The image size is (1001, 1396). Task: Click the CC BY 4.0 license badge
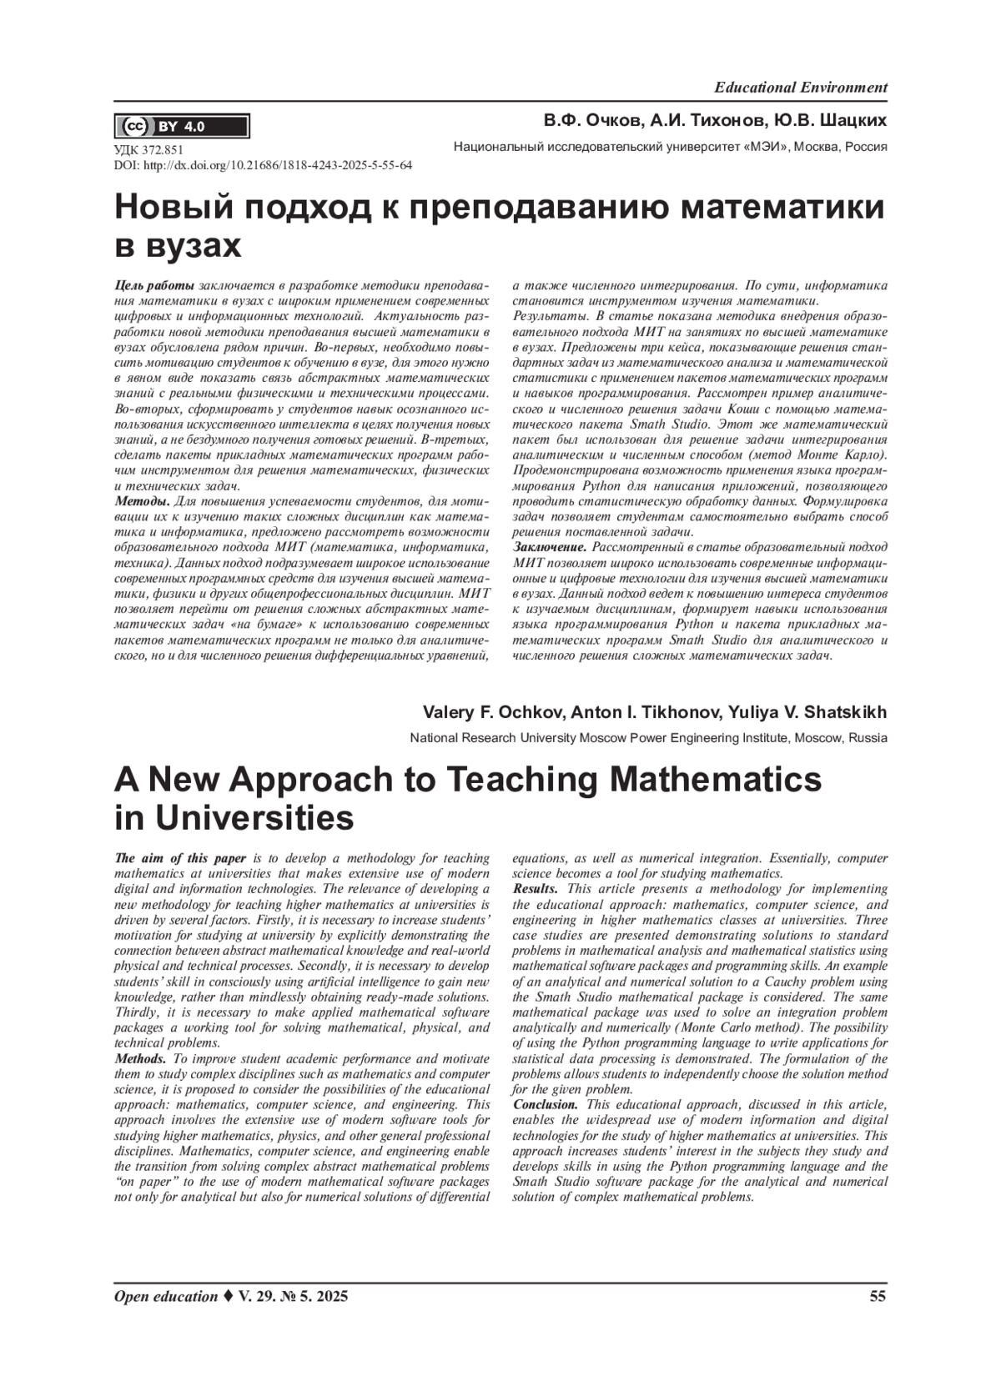click(x=181, y=127)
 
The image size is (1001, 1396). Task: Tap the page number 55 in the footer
click(x=878, y=1296)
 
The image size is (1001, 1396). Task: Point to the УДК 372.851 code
click(x=148, y=150)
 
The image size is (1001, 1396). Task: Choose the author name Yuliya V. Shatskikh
click(x=807, y=713)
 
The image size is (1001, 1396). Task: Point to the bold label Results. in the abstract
click(x=536, y=889)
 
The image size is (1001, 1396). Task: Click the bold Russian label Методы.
click(x=142, y=501)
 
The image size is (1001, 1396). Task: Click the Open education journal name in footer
click(x=165, y=1296)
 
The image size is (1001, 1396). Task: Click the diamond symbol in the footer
click(x=228, y=1296)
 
